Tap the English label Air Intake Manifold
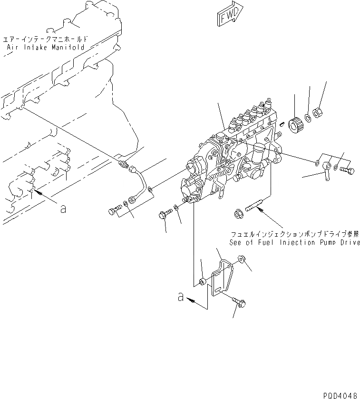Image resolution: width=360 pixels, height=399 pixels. point(46,48)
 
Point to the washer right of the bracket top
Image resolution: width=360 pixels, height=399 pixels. point(241,259)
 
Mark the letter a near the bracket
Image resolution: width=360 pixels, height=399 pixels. point(180,297)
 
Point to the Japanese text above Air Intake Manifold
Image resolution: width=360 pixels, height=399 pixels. point(46,40)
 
